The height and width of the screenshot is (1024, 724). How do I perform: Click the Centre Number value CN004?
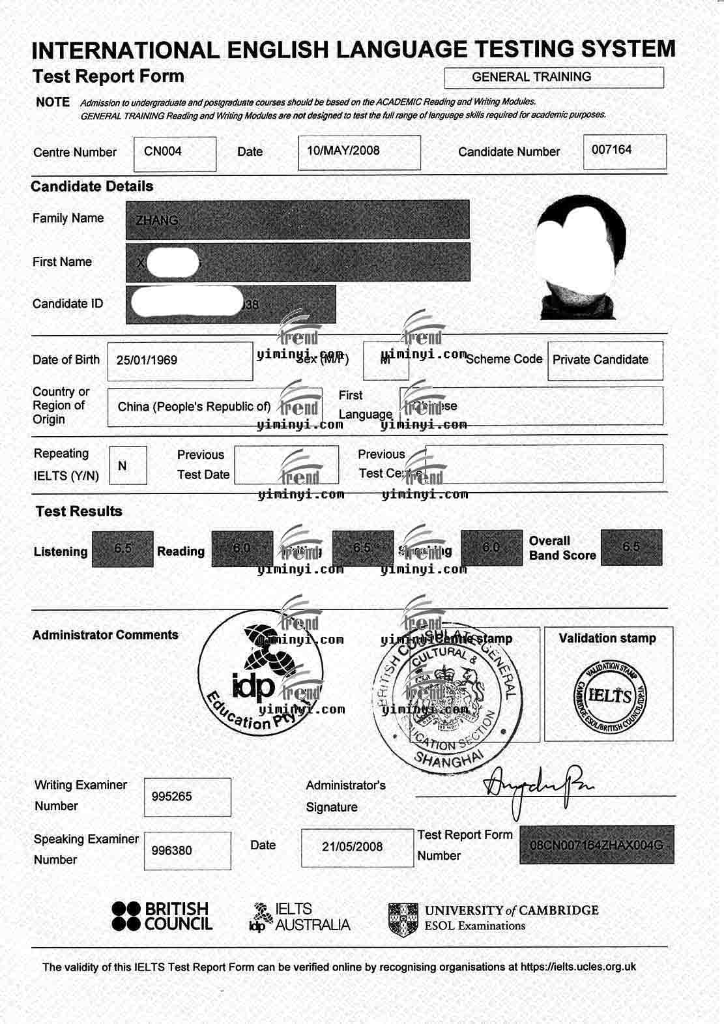(163, 151)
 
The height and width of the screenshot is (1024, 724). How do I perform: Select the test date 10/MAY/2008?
(343, 151)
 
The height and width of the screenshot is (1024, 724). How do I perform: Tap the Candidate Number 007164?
(611, 150)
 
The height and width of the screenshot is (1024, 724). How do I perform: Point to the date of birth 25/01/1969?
(147, 360)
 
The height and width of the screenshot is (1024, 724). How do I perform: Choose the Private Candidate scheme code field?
(600, 360)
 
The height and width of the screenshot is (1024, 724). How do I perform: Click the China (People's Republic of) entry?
(194, 407)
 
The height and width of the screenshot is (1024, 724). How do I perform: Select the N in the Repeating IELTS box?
(123, 466)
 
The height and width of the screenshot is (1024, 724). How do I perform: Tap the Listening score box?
(123, 549)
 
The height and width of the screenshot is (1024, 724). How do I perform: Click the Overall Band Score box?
(631, 547)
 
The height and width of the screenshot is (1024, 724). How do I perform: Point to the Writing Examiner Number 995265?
(172, 797)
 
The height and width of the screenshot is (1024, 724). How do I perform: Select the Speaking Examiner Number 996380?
(172, 851)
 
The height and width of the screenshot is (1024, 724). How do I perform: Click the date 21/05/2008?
(353, 847)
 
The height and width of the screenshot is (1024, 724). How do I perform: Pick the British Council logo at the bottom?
(162, 916)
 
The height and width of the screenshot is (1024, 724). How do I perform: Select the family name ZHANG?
(157, 220)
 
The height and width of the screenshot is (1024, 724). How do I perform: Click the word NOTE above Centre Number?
(53, 102)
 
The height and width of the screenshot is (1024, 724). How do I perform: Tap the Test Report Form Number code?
(596, 845)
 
